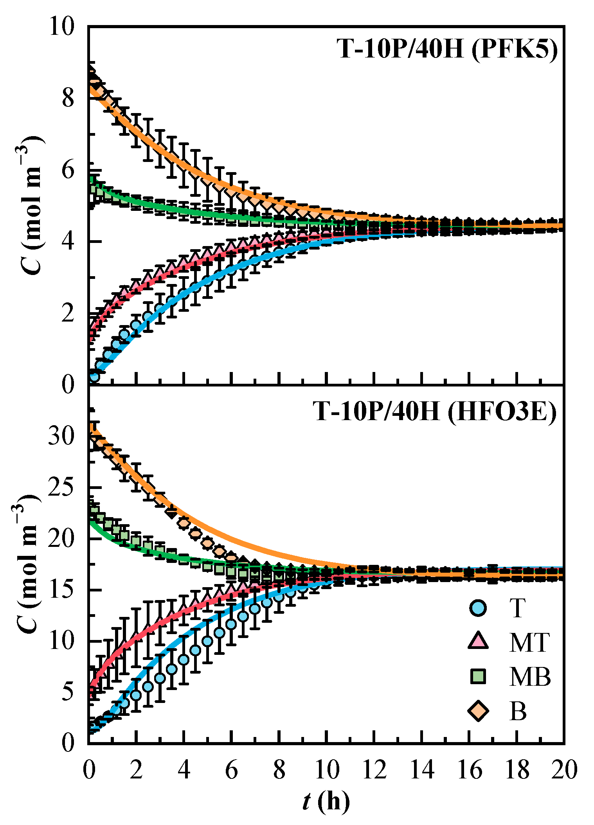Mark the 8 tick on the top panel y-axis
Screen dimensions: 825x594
[x=68, y=99]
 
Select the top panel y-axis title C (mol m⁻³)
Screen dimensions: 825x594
[x=32, y=205]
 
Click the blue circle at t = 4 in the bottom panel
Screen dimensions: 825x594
[x=184, y=660]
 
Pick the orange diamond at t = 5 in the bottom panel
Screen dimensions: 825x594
[x=207, y=543]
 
